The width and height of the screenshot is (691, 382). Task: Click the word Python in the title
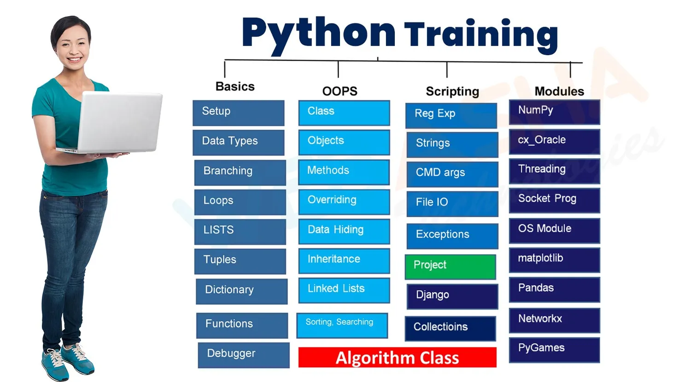pos(318,33)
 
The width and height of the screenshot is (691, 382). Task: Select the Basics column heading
pos(235,87)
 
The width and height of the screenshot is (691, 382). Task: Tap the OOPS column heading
pos(340,91)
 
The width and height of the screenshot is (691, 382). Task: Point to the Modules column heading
pos(559,91)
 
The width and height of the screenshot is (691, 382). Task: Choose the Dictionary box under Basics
pos(241,291)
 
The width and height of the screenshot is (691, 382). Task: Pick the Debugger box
pos(243,355)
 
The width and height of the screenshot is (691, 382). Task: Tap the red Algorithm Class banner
pos(397,358)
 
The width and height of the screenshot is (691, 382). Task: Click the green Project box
pos(450,266)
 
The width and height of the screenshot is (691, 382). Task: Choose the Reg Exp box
pos(451,115)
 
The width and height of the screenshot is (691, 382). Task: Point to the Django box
pos(452,296)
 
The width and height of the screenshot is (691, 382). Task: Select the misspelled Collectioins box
pos(450,328)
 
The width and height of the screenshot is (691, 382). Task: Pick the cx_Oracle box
pos(554,141)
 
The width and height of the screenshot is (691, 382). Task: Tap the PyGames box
pos(554,349)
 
